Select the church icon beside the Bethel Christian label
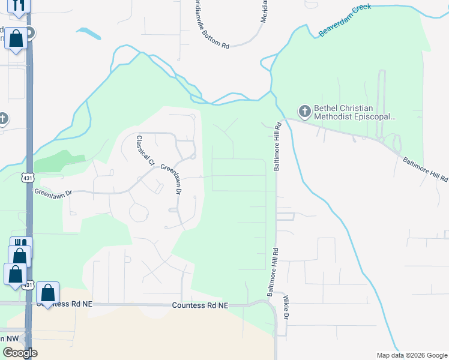pyautogui.click(x=305, y=112)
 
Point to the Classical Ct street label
pyautogui.click(x=145, y=151)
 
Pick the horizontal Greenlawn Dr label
pyautogui.click(x=53, y=193)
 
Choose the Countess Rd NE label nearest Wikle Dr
pyautogui.click(x=200, y=305)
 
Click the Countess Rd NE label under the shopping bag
pyautogui.click(x=65, y=304)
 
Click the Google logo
pyautogui.click(x=19, y=352)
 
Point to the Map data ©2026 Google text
pyautogui.click(x=412, y=355)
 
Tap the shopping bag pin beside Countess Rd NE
pyautogui.click(x=48, y=293)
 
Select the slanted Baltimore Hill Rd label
pyautogui.click(x=425, y=170)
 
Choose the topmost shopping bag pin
pyautogui.click(x=16, y=39)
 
